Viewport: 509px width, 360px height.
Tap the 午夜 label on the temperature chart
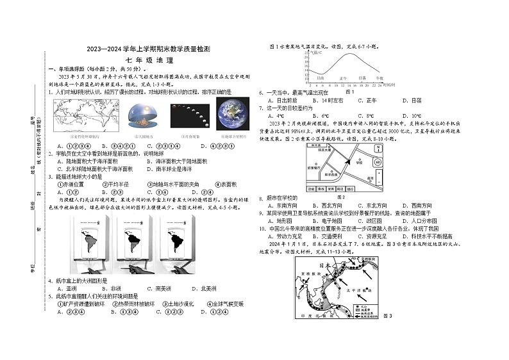click(378, 77)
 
